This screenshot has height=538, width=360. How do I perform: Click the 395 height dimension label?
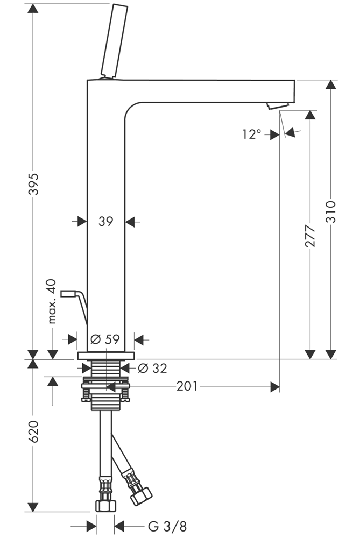(x=33, y=185)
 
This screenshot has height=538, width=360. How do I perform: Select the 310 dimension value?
(x=330, y=211)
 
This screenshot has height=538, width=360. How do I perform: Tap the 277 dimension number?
(x=310, y=236)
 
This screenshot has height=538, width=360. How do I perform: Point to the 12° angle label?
(x=251, y=134)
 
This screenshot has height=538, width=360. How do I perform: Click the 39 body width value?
(x=106, y=221)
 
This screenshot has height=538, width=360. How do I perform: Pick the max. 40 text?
(x=52, y=301)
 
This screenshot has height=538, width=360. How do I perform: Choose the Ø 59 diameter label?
(x=105, y=339)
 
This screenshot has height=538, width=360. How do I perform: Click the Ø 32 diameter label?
(x=152, y=368)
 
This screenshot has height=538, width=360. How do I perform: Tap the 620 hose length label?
(x=33, y=432)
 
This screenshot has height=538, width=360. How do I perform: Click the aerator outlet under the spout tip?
(x=278, y=105)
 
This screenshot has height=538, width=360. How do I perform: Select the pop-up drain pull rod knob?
(x=69, y=294)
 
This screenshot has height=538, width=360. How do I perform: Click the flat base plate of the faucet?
(x=106, y=356)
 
